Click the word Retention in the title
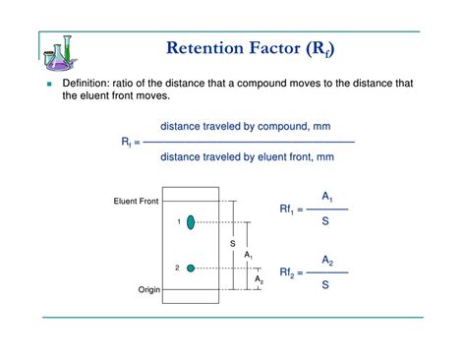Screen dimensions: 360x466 click(x=206, y=48)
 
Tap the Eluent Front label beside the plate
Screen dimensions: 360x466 click(x=136, y=202)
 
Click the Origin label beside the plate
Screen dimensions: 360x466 click(x=148, y=290)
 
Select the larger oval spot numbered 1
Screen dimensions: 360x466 click(x=192, y=222)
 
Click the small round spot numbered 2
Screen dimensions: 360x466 click(x=192, y=268)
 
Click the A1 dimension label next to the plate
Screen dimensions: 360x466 click(x=249, y=256)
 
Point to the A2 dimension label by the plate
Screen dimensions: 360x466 click(x=259, y=279)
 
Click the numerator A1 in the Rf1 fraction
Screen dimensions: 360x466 click(x=327, y=198)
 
